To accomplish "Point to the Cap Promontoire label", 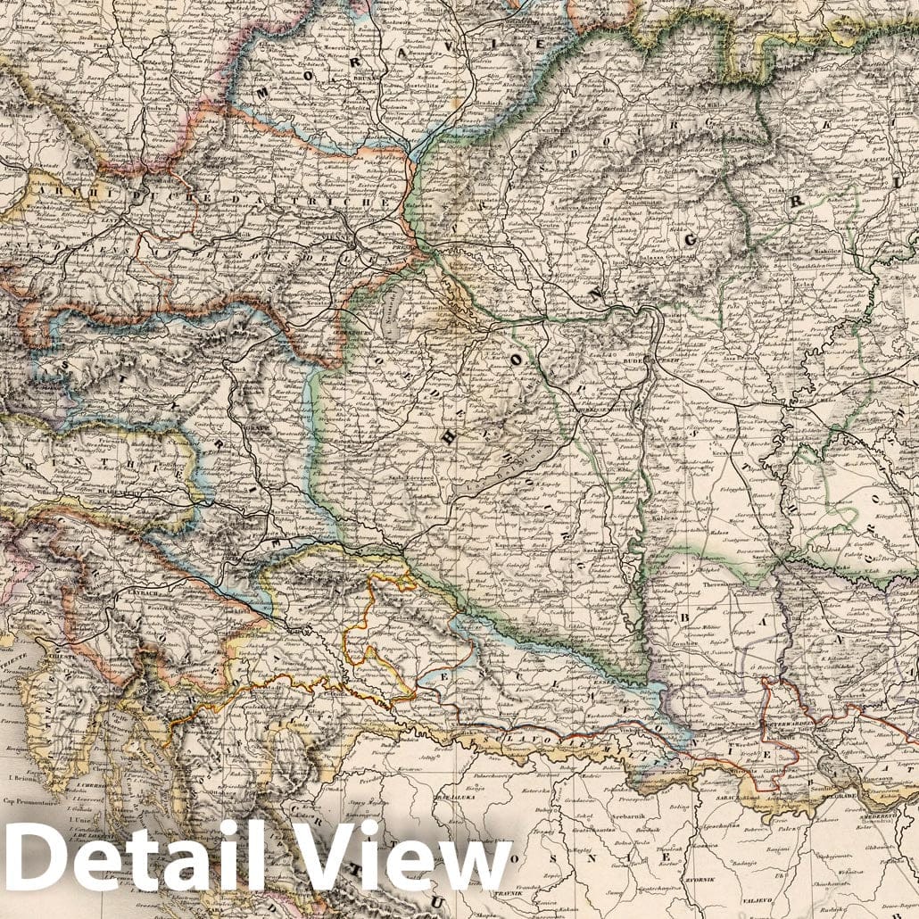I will pyautogui.click(x=29, y=800).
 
